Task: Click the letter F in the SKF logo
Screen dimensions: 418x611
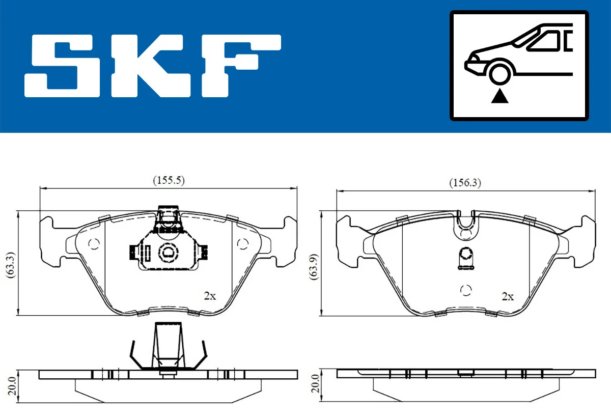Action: point(239,66)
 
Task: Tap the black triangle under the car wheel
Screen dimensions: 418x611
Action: point(500,95)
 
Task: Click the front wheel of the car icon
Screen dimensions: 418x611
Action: point(499,73)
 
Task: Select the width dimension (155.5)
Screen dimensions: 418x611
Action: point(169,180)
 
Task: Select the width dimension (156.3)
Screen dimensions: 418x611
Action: point(465,182)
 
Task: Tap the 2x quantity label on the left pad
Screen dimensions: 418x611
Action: point(210,296)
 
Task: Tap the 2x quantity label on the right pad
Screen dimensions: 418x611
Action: point(507,296)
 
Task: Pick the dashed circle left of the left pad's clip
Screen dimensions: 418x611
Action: point(94,244)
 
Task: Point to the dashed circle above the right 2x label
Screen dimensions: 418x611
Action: point(465,290)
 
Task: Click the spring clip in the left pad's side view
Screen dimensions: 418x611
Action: point(168,349)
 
